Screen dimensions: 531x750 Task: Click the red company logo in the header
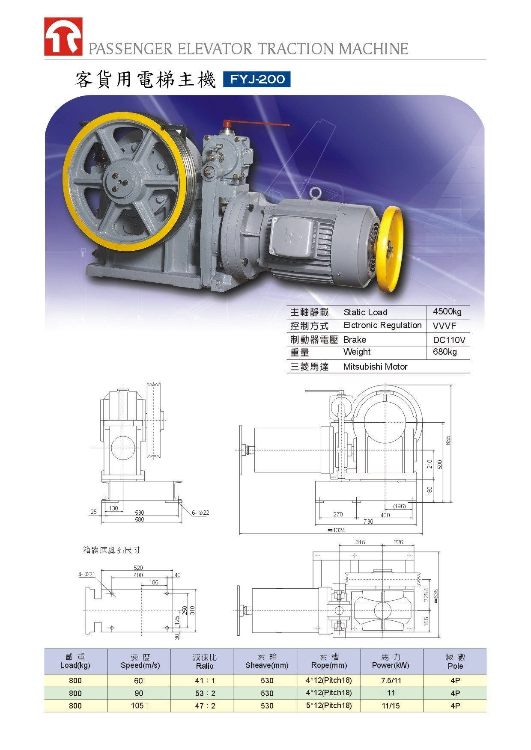point(63,36)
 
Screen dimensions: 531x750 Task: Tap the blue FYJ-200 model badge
point(257,80)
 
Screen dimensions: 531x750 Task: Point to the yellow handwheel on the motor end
point(389,250)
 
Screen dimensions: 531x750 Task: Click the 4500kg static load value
point(447,311)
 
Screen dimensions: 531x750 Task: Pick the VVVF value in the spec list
point(444,326)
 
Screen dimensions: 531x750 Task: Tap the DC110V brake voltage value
point(449,340)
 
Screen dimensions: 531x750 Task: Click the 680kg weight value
point(444,352)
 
